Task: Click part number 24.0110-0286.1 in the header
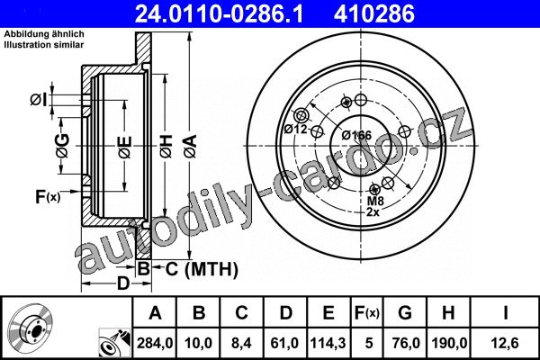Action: (219, 14)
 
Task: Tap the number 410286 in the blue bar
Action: (374, 14)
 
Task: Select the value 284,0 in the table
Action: (155, 343)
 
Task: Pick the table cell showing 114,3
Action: (328, 343)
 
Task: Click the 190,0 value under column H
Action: (449, 343)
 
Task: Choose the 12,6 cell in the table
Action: (505, 343)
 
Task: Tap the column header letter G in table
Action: (405, 313)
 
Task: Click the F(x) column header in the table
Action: (367, 313)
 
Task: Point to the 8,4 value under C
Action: (242, 343)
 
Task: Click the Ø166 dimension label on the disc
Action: (356, 135)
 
